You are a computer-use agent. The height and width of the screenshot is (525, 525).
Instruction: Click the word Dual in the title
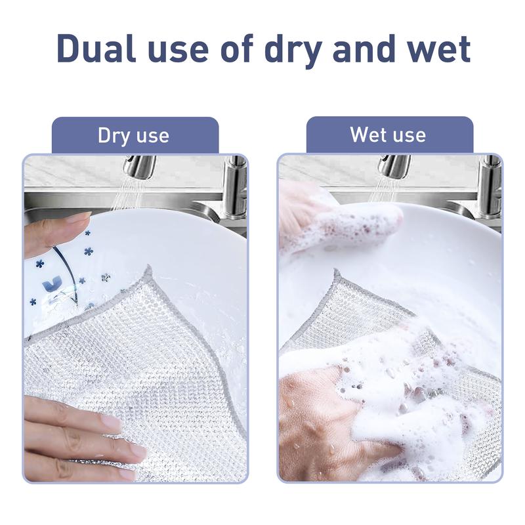[x=96, y=49]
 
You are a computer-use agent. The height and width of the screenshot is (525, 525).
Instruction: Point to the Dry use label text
[x=133, y=136]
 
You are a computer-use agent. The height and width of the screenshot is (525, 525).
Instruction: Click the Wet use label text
[x=388, y=135]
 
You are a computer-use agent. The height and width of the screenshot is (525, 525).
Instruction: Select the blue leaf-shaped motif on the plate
[x=52, y=284]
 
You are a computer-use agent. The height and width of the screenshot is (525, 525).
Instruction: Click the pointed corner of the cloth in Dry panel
[x=148, y=267]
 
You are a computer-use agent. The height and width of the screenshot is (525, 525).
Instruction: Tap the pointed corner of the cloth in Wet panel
[x=335, y=270]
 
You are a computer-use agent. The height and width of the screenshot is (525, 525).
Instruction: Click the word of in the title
[x=238, y=49]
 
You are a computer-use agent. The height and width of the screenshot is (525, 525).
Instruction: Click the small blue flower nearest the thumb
[x=88, y=232]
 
